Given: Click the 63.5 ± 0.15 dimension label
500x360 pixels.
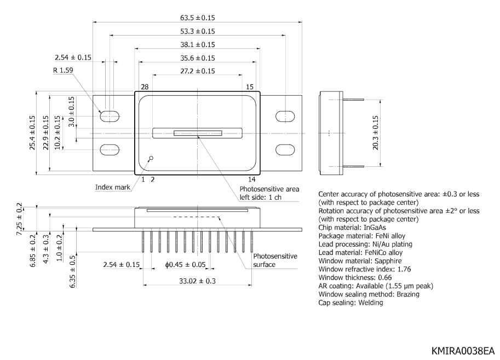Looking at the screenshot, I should [x=197, y=17].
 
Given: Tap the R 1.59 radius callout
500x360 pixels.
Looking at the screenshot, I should [x=62, y=70].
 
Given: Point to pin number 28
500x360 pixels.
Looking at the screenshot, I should [x=145, y=87].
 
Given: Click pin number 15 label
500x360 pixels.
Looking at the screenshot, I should [x=250, y=87].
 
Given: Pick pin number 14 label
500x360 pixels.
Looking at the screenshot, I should [x=251, y=179].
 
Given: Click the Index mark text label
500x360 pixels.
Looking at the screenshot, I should [x=113, y=187].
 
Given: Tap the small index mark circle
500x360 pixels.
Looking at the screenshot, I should [x=151, y=158].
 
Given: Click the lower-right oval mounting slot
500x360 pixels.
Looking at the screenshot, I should [x=285, y=149].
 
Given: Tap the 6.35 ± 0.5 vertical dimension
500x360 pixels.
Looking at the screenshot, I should [x=73, y=266].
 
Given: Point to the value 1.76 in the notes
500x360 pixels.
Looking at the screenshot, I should [x=402, y=269].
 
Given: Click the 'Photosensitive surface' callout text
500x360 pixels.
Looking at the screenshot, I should [x=275, y=260].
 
